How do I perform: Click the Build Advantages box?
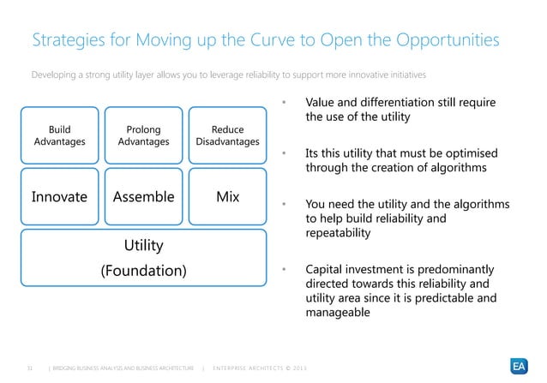coord(59,135)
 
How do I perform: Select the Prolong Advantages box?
coord(143,135)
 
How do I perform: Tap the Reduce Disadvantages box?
coord(227,135)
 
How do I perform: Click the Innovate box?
coord(59,196)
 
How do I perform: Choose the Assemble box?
coord(143,196)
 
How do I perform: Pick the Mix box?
coord(227,196)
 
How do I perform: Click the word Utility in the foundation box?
coord(143,246)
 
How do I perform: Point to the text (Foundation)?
coord(143,271)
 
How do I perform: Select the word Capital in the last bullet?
coord(325,269)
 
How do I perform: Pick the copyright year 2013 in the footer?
coord(296,368)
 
